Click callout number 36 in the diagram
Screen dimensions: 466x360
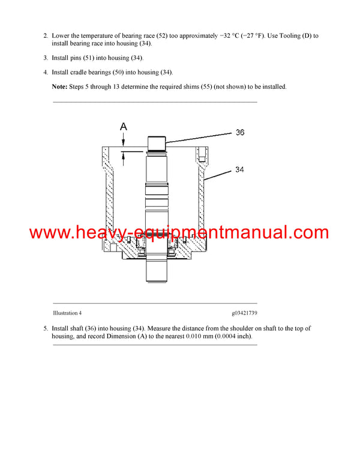(x=239, y=132)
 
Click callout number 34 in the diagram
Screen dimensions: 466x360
(x=239, y=170)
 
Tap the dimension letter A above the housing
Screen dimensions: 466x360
(x=124, y=127)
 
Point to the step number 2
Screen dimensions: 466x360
(x=46, y=36)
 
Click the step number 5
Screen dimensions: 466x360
(x=46, y=328)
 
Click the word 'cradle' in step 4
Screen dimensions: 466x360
(x=84, y=73)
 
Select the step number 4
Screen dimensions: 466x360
(x=46, y=73)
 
